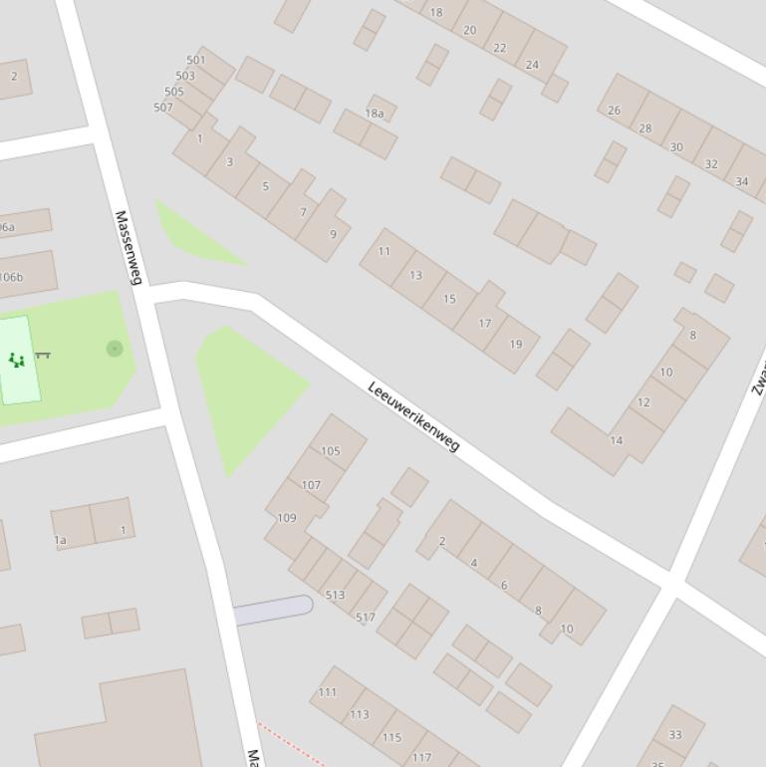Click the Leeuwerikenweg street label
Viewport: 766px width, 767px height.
pyautogui.click(x=413, y=415)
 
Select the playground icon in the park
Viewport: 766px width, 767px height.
pyautogui.click(x=16, y=360)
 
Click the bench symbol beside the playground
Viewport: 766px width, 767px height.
pyautogui.click(x=43, y=355)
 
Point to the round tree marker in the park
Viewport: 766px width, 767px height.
pyautogui.click(x=115, y=348)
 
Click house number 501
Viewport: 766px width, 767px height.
pyautogui.click(x=196, y=60)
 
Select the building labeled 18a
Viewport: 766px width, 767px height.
pyautogui.click(x=375, y=114)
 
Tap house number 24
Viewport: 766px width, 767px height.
pyautogui.click(x=532, y=65)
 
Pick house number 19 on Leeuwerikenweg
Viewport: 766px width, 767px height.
pyautogui.click(x=516, y=345)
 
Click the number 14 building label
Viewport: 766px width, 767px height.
pyautogui.click(x=617, y=440)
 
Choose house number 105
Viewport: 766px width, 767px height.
pyautogui.click(x=331, y=451)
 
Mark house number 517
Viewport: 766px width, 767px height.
pyautogui.click(x=366, y=618)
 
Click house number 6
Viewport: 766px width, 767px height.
pyautogui.click(x=505, y=586)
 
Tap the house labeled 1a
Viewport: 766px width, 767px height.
pyautogui.click(x=60, y=541)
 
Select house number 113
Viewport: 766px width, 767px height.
pyautogui.click(x=360, y=714)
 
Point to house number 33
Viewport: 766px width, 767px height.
pyautogui.click(x=675, y=735)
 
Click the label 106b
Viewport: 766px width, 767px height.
pyautogui.click(x=11, y=277)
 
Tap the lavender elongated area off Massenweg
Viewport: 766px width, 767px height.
pyautogui.click(x=272, y=610)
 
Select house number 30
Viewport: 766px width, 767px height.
pyautogui.click(x=677, y=146)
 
